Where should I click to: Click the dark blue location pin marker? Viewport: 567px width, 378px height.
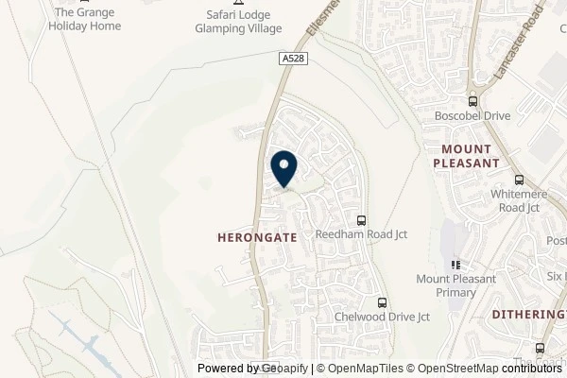point(283,169)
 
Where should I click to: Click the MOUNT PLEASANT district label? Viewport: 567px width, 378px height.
point(465,156)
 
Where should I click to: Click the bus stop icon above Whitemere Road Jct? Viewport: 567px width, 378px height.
point(518,180)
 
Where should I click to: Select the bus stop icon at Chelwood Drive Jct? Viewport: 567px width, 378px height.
point(382,302)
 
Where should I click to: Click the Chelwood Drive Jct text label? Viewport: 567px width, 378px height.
point(382,318)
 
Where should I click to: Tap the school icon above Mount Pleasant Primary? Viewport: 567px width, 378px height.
point(455,265)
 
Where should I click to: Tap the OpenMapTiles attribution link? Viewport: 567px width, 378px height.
point(362,369)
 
